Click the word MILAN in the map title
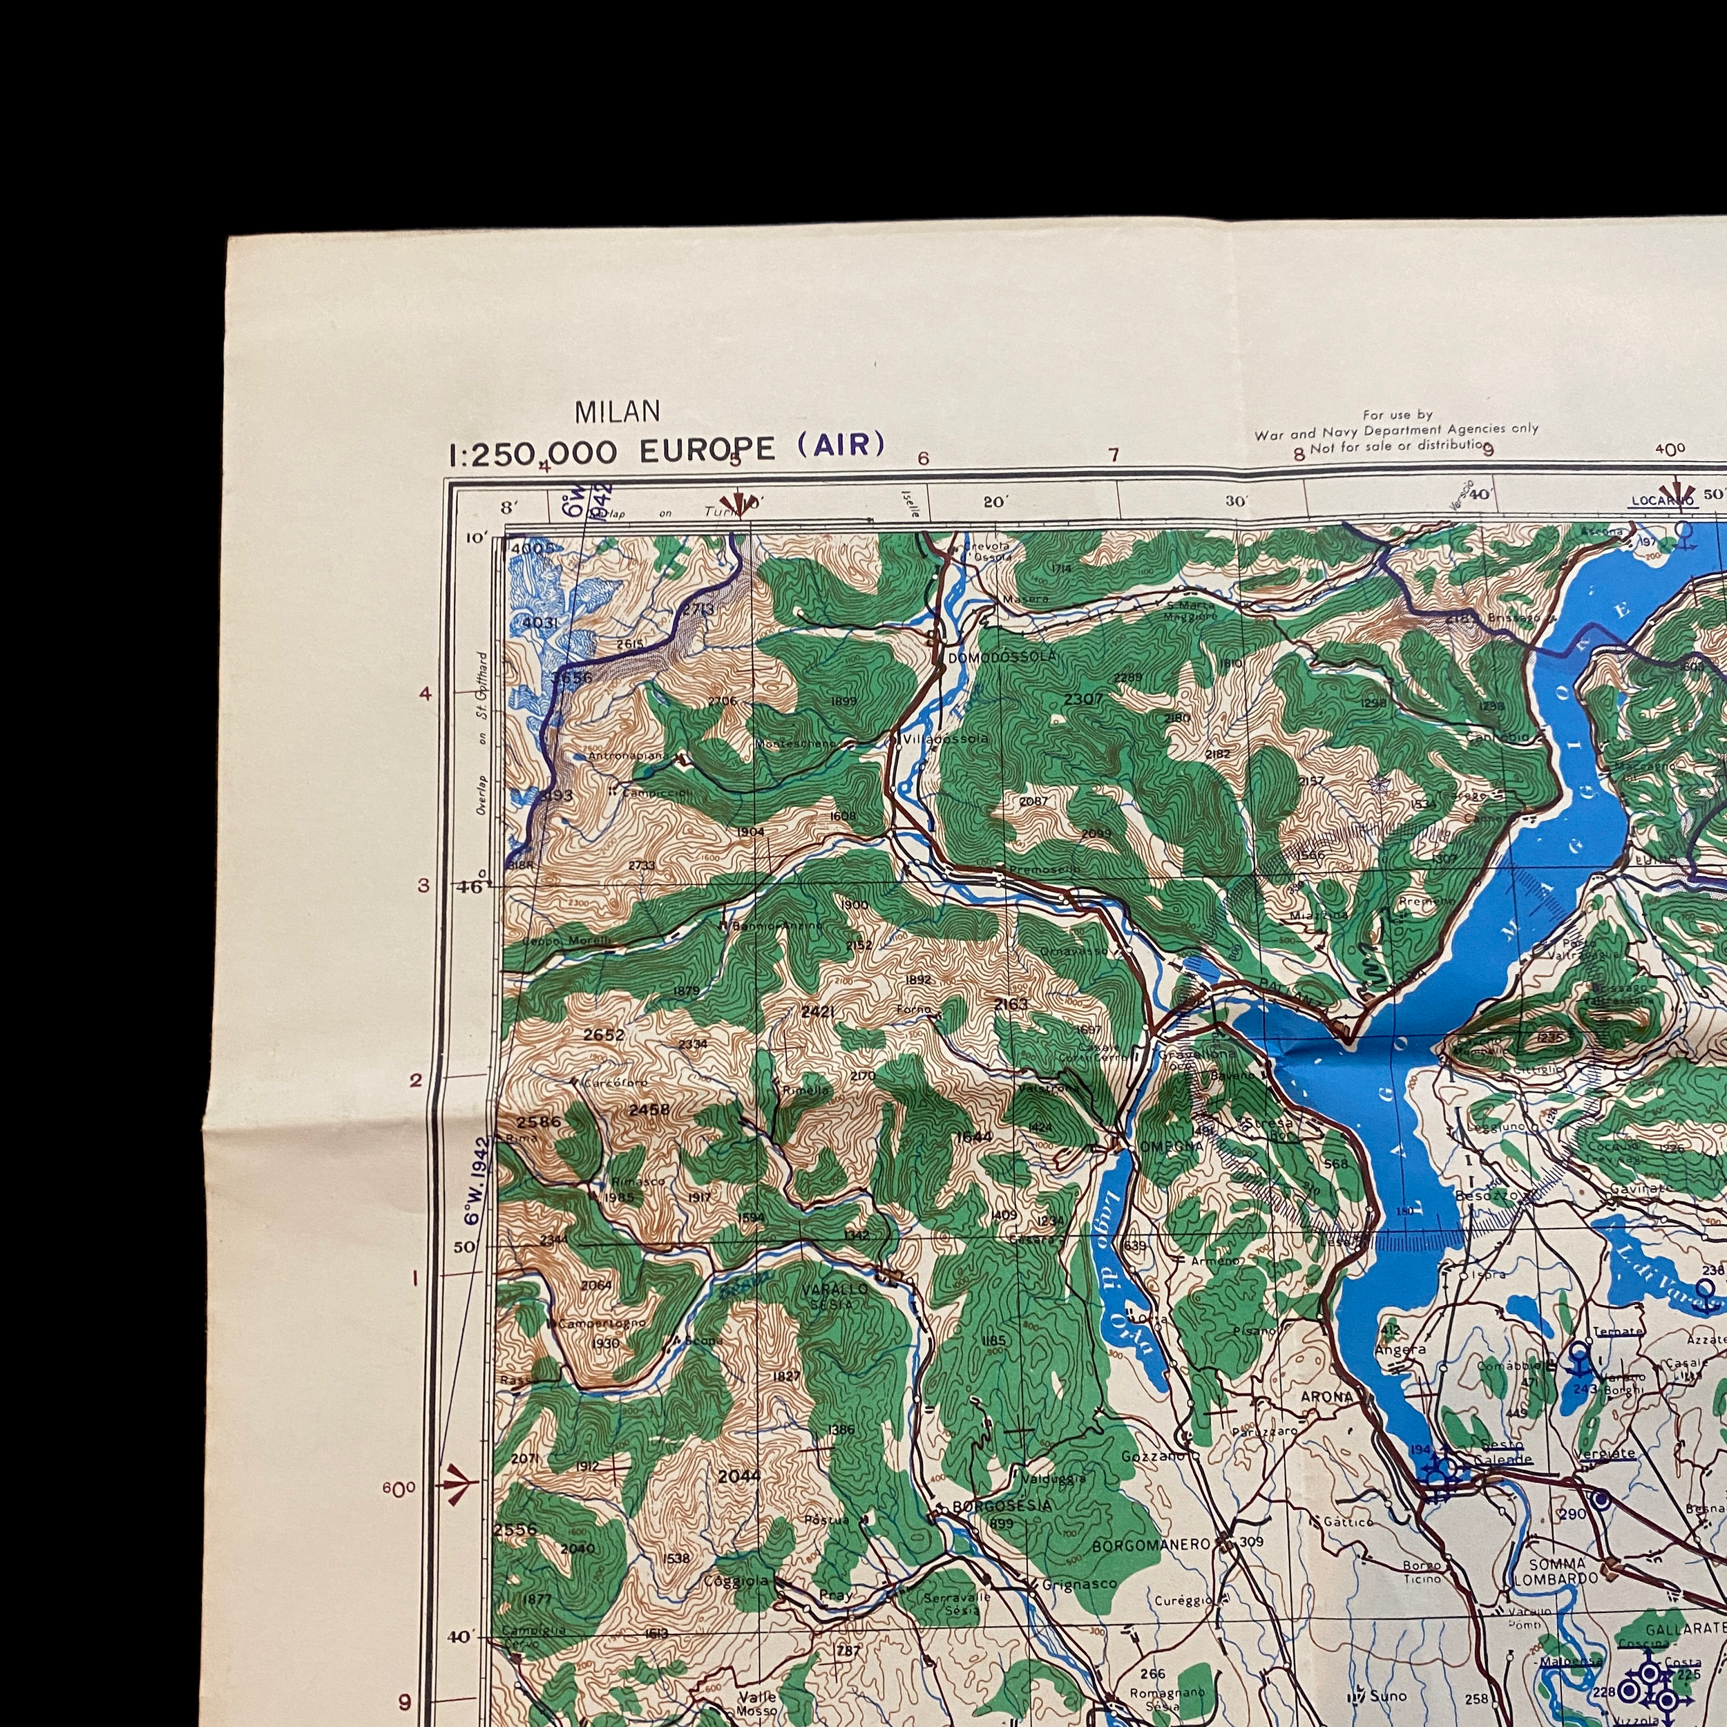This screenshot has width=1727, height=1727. point(618,411)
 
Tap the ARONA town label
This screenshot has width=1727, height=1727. point(1326,1396)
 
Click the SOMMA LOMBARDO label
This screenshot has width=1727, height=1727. point(1557,1571)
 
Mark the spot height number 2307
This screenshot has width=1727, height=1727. point(1083,698)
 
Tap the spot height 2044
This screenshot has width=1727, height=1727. point(738,1475)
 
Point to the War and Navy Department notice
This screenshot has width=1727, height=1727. point(1396,429)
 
